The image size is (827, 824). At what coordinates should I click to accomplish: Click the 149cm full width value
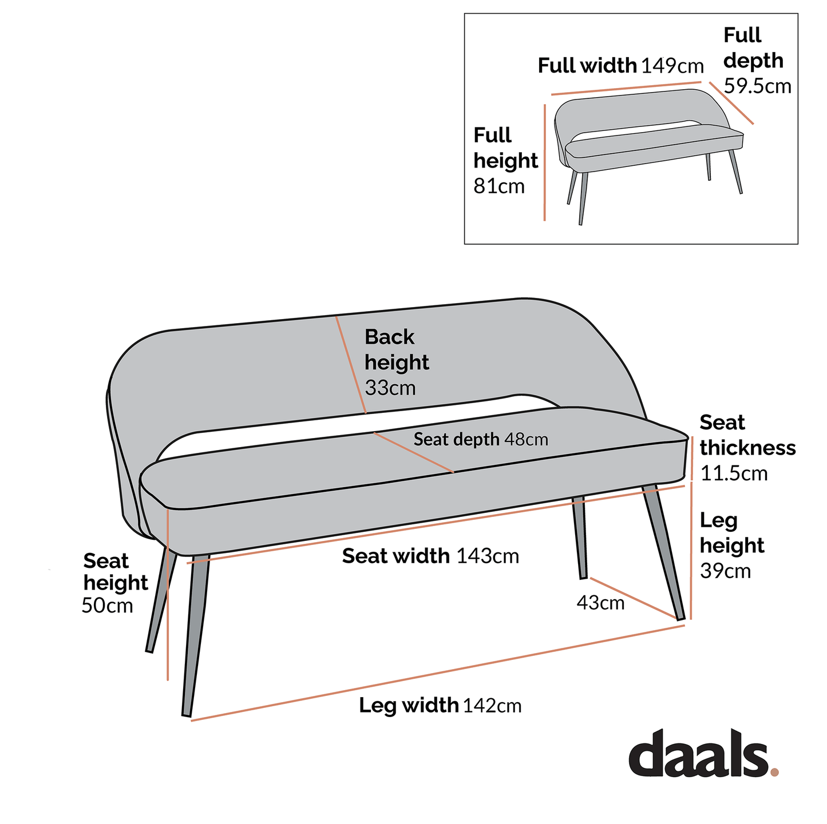click(x=672, y=66)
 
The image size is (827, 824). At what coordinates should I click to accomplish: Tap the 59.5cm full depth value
click(x=757, y=86)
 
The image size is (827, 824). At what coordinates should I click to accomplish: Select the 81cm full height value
click(x=498, y=186)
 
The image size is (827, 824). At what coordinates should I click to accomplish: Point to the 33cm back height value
click(x=390, y=388)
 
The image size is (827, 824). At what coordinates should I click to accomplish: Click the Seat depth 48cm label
click(x=480, y=439)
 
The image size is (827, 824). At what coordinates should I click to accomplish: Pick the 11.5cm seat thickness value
click(x=734, y=473)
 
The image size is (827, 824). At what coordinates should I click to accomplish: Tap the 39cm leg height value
click(x=725, y=571)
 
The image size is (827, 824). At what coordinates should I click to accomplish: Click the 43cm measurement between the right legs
click(x=600, y=603)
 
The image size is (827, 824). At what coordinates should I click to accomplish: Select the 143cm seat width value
click(x=488, y=556)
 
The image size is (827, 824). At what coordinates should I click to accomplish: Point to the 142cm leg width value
click(x=492, y=706)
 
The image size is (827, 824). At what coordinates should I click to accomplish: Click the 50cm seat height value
click(x=107, y=606)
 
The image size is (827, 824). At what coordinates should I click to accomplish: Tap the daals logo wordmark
click(x=698, y=754)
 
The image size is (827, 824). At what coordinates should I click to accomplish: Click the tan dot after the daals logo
click(x=774, y=772)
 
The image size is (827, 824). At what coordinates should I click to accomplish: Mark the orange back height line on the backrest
click(x=351, y=365)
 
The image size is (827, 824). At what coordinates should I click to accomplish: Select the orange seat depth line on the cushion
click(x=414, y=452)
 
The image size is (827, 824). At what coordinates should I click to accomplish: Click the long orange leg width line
click(x=438, y=673)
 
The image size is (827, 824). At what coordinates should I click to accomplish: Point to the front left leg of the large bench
click(x=195, y=635)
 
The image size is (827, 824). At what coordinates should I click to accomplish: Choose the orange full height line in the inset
click(x=544, y=163)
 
